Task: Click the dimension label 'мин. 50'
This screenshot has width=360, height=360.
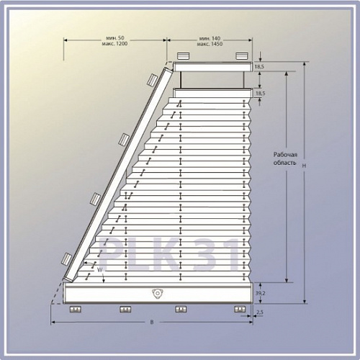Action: [x=115, y=38]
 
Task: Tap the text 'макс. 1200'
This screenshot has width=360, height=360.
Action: [x=114, y=44]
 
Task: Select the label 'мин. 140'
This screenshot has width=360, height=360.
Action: [x=210, y=38]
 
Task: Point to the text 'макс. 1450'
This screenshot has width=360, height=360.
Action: [x=210, y=44]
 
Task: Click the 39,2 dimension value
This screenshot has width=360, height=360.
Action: [x=261, y=293]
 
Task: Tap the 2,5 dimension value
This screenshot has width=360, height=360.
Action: [x=260, y=312]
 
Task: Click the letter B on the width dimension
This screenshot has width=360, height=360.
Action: [x=152, y=322]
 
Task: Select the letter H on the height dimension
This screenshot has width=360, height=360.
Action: [x=304, y=166]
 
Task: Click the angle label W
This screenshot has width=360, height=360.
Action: [x=100, y=270]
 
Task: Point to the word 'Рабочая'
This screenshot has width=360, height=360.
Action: [x=285, y=155]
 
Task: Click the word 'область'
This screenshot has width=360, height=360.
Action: [x=285, y=163]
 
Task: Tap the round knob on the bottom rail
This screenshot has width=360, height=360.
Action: [x=157, y=294]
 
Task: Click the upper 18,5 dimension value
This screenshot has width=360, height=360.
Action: [x=259, y=67]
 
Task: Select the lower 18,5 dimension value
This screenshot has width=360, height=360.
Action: [x=261, y=93]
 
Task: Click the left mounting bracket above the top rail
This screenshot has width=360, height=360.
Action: [x=184, y=56]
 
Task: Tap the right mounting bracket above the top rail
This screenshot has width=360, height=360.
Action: [x=242, y=56]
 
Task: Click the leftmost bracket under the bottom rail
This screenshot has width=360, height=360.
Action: [x=76, y=310]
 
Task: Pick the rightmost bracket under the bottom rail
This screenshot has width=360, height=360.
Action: [x=240, y=309]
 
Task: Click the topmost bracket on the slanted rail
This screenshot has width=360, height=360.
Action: [x=152, y=80]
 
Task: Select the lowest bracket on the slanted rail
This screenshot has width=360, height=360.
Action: [x=66, y=259]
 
